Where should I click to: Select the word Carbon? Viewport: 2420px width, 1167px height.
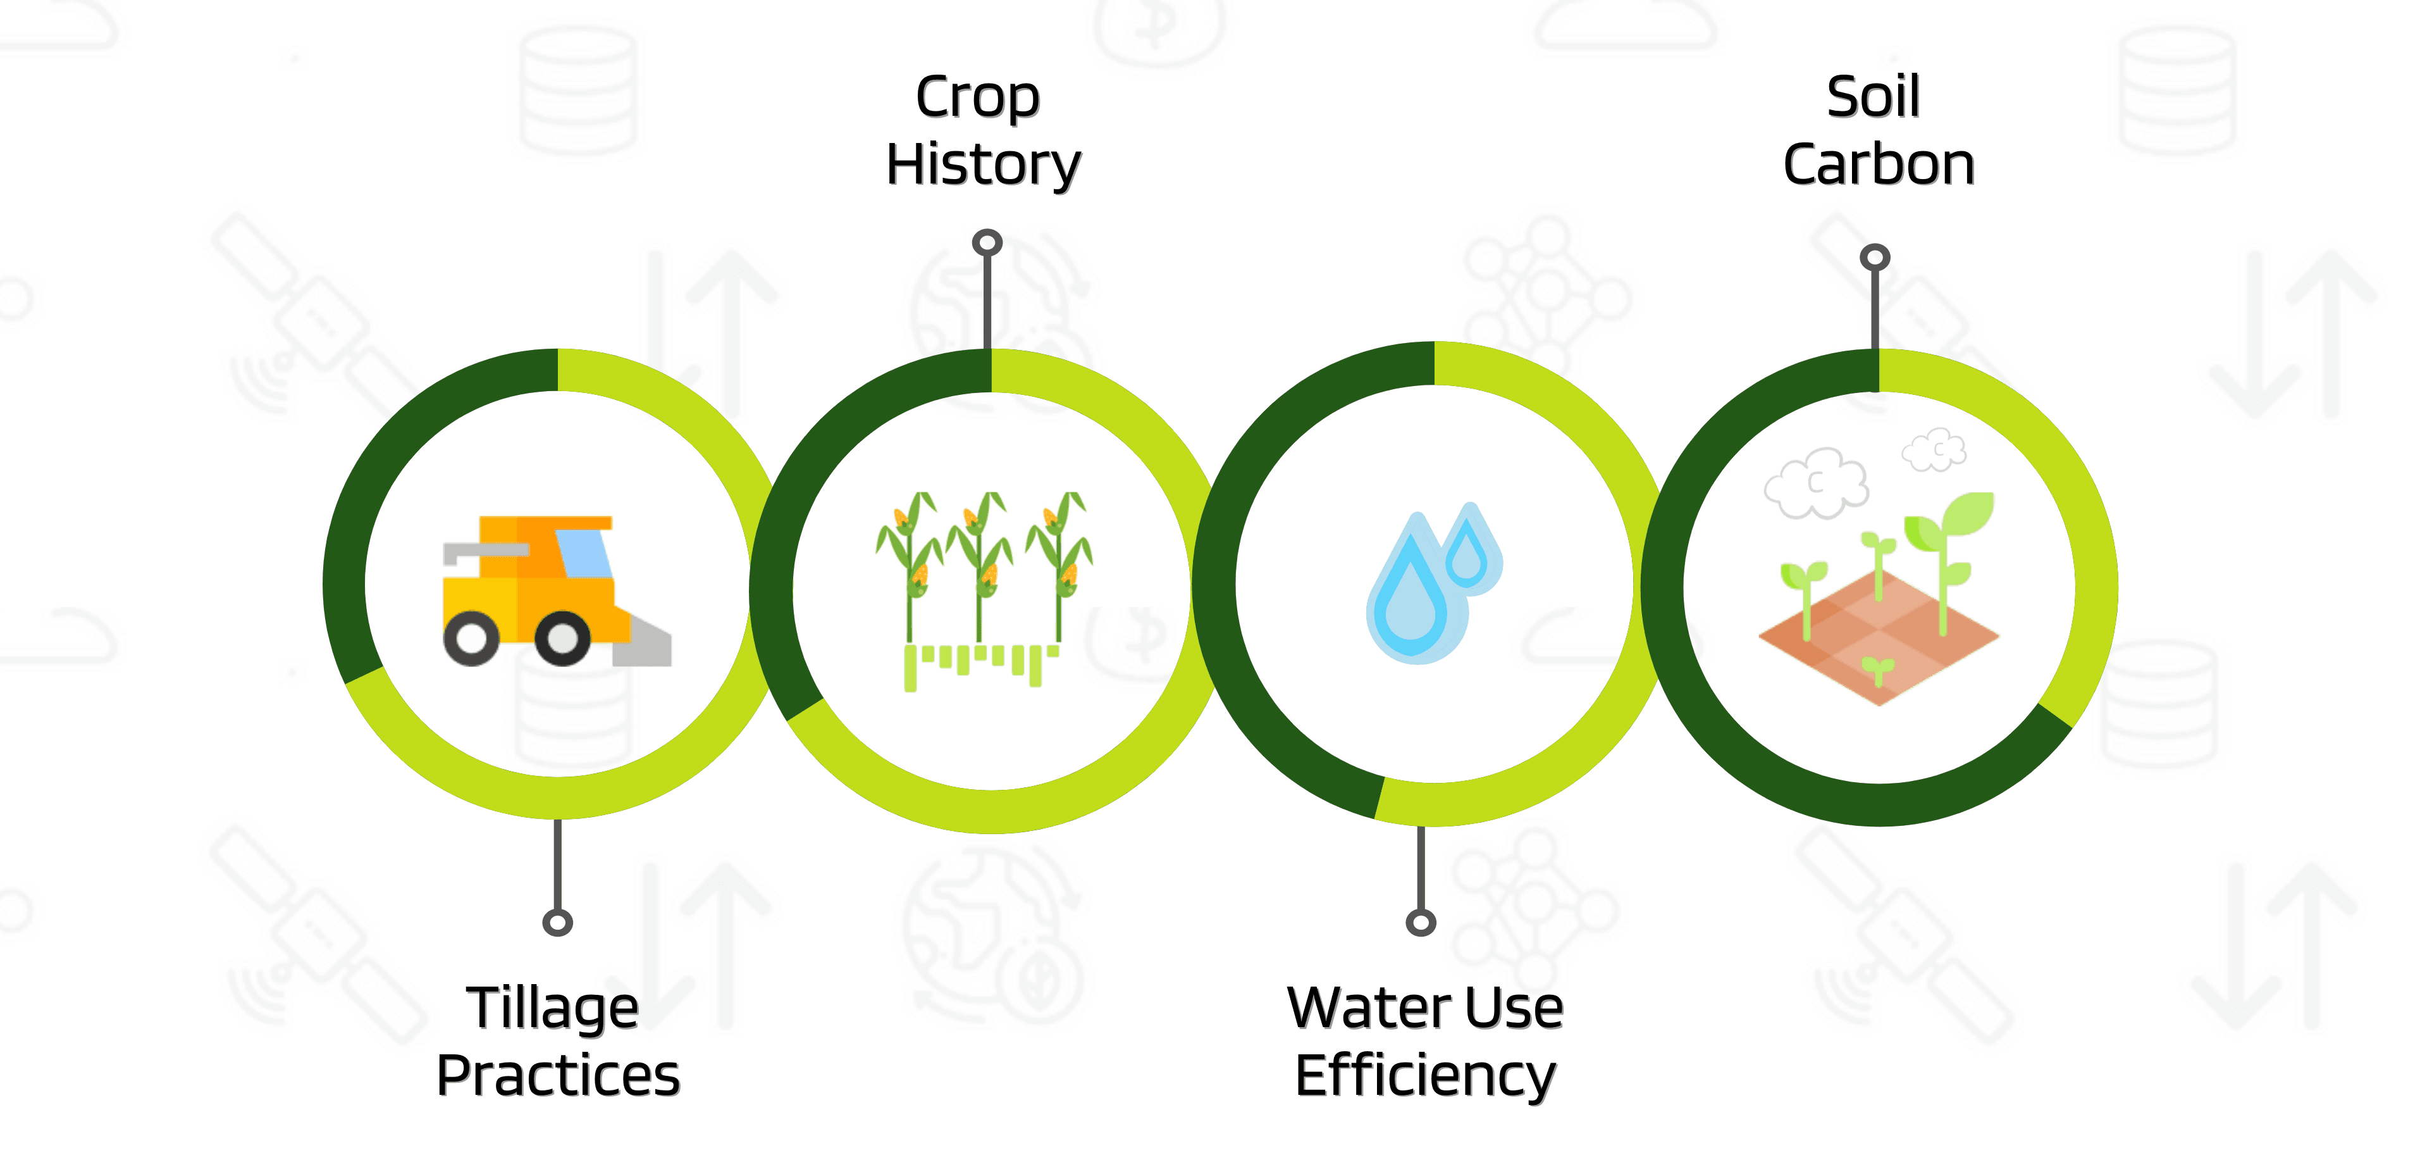pos(1878,165)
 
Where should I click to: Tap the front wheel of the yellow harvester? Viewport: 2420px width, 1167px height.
pos(563,639)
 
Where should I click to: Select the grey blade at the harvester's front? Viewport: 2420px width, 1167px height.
pos(643,644)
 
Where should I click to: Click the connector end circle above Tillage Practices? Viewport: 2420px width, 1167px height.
pos(557,923)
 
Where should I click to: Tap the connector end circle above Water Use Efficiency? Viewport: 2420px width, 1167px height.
pos(1421,923)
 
